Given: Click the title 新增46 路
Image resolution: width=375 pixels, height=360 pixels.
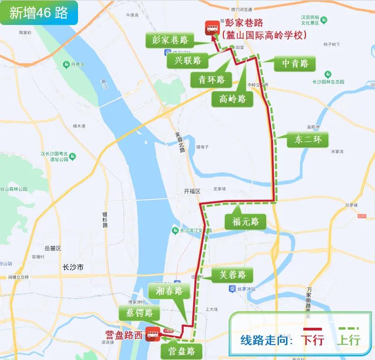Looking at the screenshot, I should point(39,13).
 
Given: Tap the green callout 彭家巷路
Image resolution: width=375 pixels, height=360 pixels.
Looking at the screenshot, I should point(167,40).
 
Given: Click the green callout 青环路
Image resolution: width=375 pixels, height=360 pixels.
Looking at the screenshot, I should point(211,80).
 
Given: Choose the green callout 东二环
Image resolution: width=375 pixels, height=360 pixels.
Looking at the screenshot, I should point(307,139).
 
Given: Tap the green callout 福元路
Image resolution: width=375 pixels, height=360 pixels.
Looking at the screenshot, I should point(245,222).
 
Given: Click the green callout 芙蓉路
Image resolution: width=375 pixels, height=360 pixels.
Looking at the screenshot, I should point(232,275).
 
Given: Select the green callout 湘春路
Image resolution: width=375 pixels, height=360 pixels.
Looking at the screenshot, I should point(169,291).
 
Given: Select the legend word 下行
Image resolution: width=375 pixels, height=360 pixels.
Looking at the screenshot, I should point(313,339).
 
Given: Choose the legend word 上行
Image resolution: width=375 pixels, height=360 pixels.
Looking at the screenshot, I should point(349,339).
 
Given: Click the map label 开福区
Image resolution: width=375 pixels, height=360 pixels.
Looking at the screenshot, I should point(192,192).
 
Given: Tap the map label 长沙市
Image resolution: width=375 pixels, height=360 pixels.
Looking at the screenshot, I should point(73,267).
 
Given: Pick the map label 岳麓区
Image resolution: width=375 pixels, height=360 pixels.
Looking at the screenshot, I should point(53,248).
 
